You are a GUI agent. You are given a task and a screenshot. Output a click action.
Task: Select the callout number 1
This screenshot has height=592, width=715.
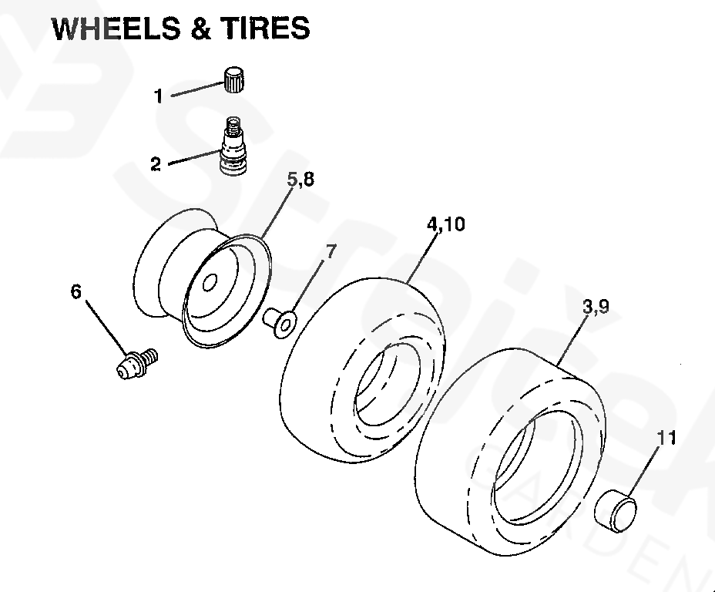click(x=159, y=96)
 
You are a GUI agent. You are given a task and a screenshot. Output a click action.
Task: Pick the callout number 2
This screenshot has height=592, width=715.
click(x=156, y=164)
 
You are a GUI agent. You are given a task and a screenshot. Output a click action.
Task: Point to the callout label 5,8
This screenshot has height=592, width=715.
click(x=301, y=180)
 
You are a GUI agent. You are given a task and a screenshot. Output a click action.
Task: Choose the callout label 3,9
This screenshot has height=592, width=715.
click(x=596, y=307)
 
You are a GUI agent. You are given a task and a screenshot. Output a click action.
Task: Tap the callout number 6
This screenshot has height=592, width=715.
click(x=76, y=291)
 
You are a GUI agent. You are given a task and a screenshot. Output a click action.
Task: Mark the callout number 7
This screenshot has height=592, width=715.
click(x=331, y=252)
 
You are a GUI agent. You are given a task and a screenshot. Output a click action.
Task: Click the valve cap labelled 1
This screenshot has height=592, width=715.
click(x=234, y=80)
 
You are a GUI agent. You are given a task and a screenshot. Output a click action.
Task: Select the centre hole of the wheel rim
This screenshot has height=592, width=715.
click(x=209, y=283)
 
